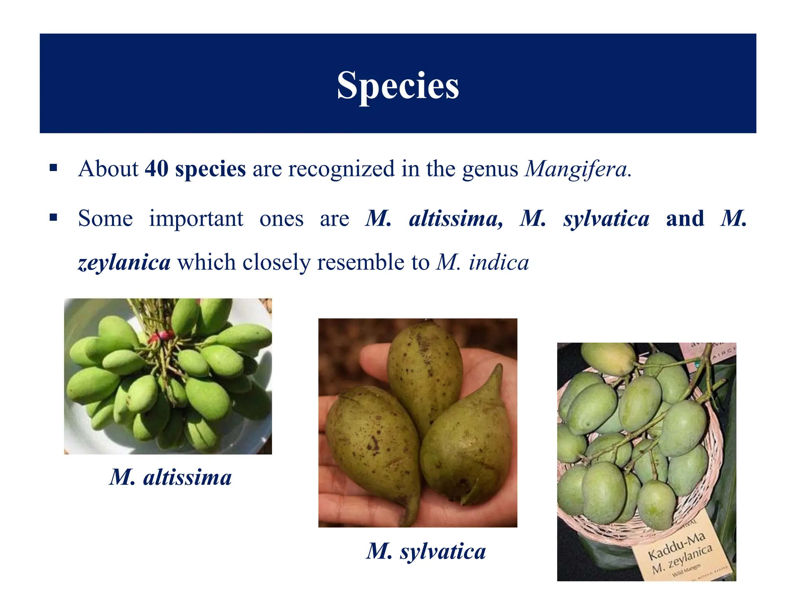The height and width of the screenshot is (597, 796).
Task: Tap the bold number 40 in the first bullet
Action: tap(156, 169)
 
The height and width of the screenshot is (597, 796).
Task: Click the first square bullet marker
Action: tap(54, 168)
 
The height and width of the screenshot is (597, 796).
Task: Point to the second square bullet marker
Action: tap(54, 217)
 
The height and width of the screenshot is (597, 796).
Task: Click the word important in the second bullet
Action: tap(196, 218)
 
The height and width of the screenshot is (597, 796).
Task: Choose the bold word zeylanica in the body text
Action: tap(124, 263)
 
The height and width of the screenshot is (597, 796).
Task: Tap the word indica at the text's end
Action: tap(499, 263)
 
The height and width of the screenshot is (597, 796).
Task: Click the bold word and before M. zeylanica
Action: tap(685, 218)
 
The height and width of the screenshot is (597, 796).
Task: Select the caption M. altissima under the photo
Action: tap(170, 477)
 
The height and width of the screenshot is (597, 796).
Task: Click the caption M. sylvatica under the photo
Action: tap(426, 551)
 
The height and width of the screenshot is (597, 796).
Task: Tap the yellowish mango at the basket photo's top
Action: tap(609, 358)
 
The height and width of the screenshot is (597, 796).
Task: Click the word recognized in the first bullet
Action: tap(341, 169)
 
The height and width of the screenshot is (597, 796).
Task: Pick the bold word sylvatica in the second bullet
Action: tap(606, 218)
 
